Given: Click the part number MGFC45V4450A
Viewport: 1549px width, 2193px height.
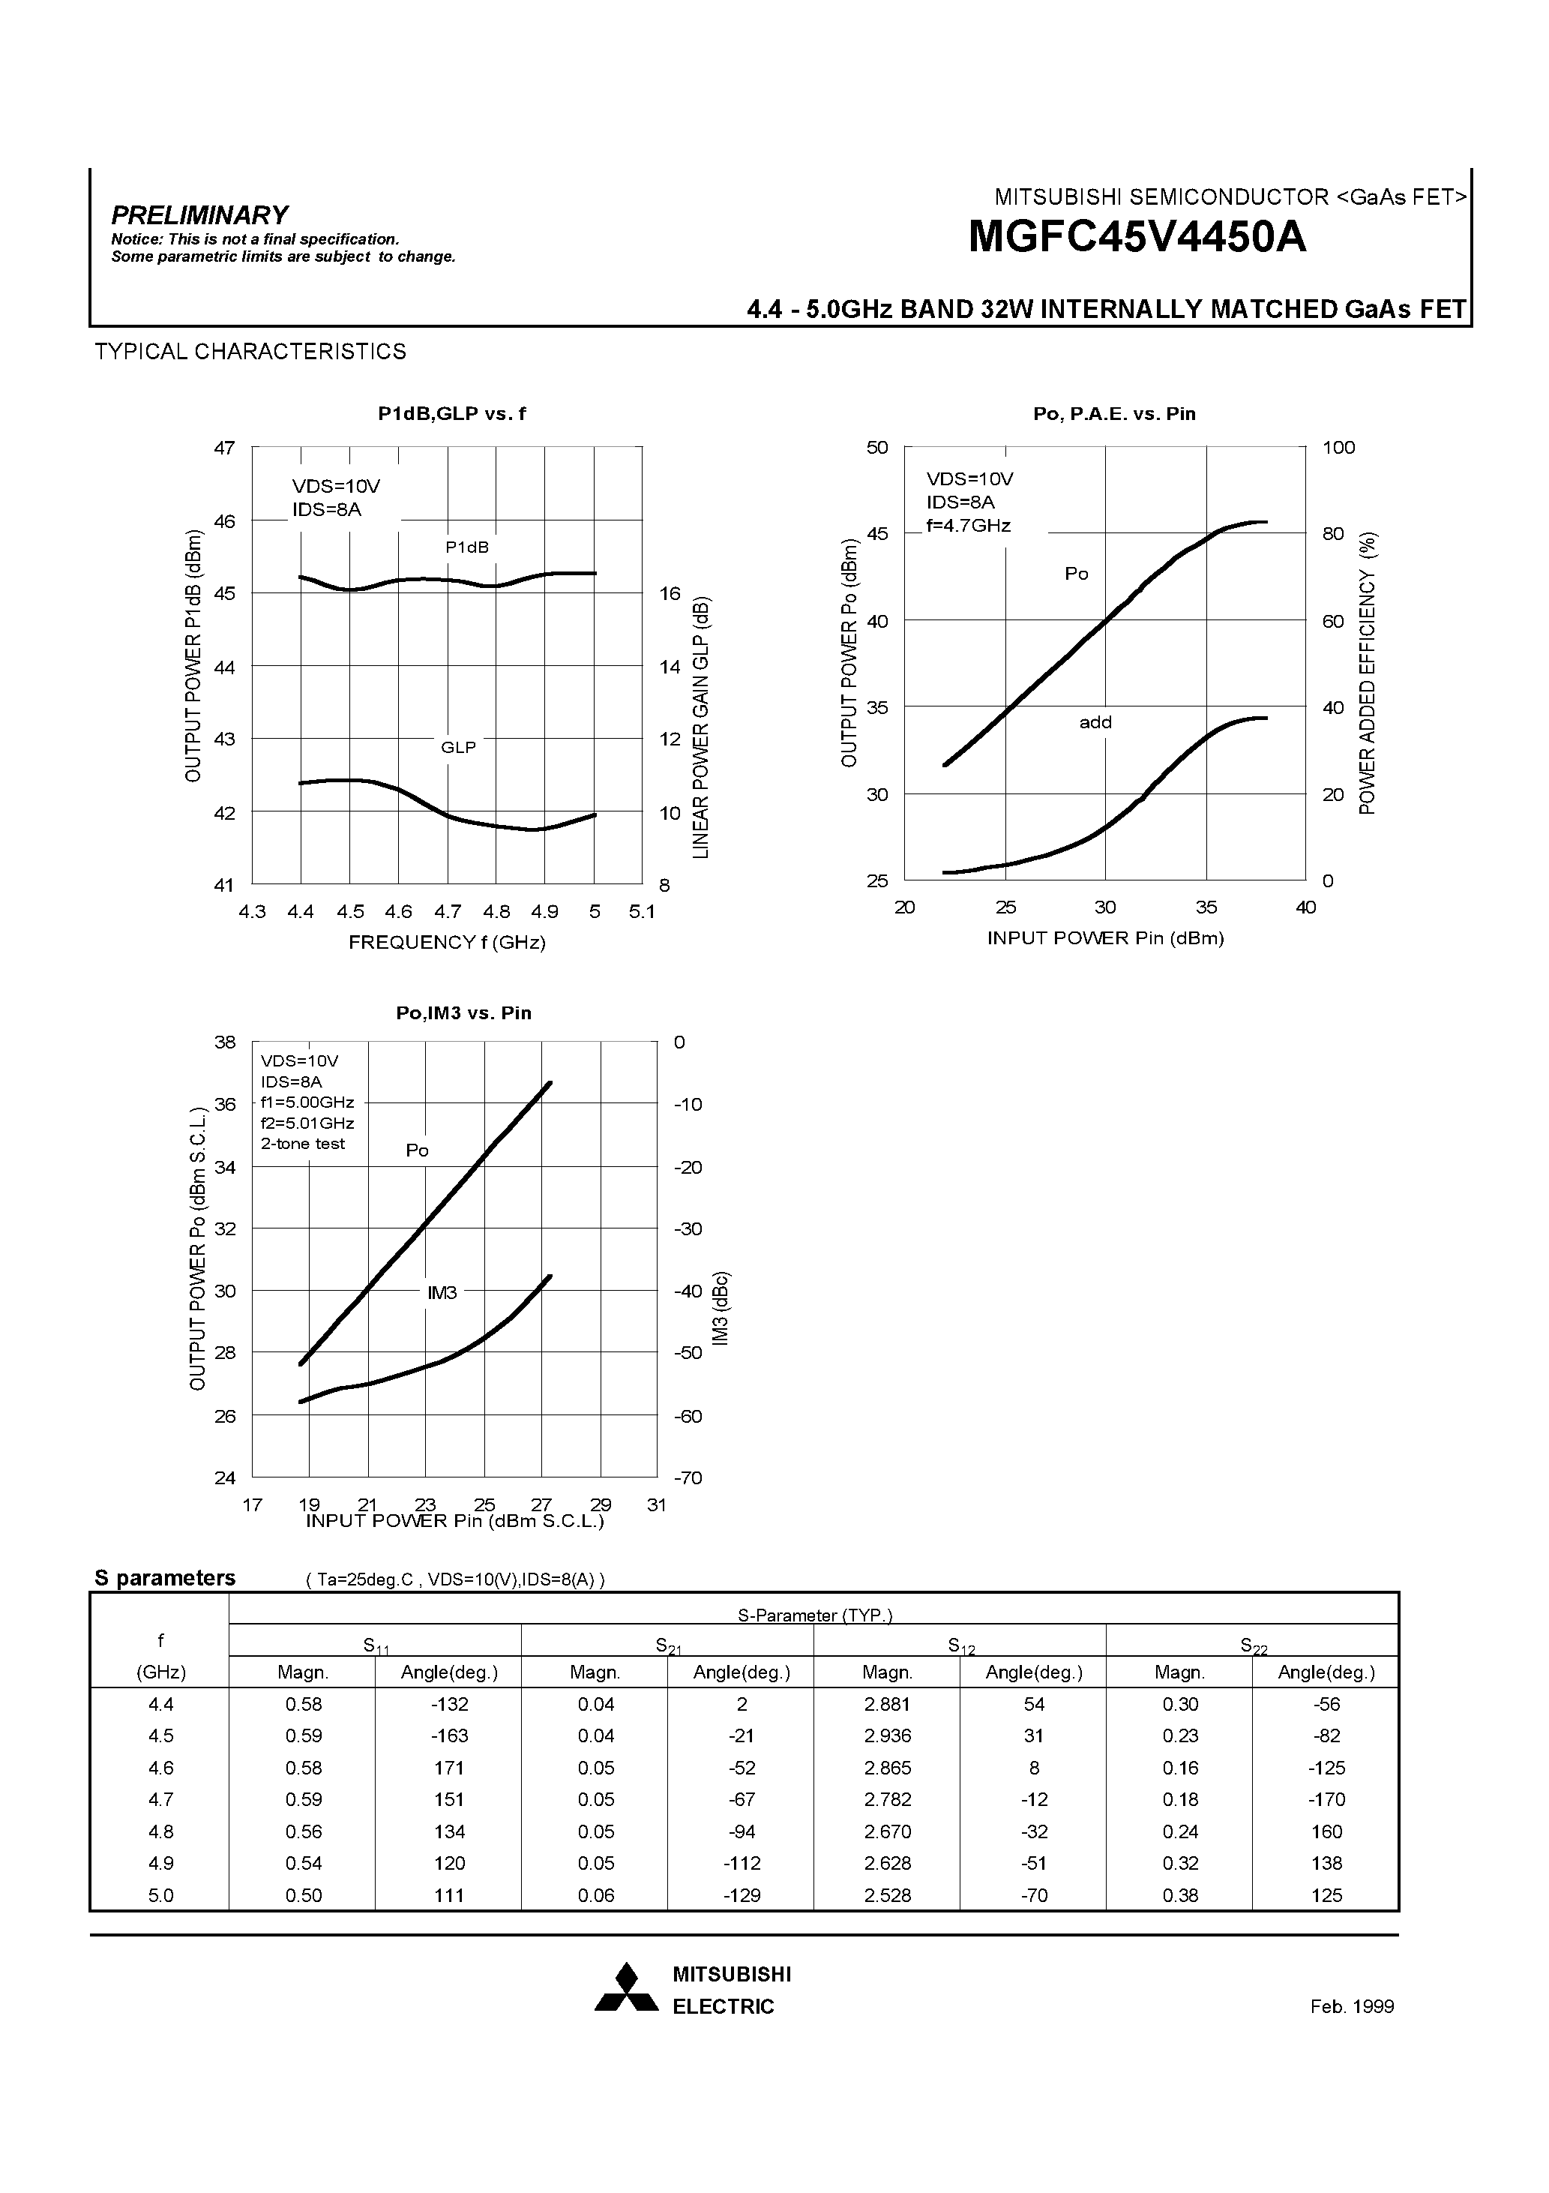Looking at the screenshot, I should [1137, 238].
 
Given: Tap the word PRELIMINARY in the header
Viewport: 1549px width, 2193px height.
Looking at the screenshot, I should [199, 215].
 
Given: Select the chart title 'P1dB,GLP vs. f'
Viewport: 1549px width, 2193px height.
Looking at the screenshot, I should [451, 413].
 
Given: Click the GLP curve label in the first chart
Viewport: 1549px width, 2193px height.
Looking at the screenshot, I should [458, 747].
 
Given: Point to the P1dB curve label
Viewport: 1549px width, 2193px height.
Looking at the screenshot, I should [467, 547].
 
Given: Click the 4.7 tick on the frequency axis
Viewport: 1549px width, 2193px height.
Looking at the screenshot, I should [447, 911].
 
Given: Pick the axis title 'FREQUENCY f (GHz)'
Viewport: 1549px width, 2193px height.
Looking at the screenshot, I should [447, 942].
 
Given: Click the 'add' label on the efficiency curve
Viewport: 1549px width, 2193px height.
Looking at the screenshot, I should [1095, 722].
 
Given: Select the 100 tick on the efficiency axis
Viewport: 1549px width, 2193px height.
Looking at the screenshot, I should [1338, 448].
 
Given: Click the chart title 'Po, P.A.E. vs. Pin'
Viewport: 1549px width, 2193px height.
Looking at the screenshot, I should [1113, 413].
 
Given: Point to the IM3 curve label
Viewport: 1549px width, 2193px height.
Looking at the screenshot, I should [442, 1292].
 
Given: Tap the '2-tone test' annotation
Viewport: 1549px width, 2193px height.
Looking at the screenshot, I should [303, 1143].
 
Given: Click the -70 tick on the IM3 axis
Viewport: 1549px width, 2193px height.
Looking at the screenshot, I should [688, 1477].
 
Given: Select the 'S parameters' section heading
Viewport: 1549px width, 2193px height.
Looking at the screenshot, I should [164, 1577].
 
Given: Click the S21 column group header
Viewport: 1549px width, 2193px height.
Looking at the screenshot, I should [667, 1645].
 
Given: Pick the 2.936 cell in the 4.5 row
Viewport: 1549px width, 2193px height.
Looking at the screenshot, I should [887, 1735].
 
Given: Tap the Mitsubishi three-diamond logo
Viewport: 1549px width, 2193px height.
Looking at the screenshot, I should [627, 1987].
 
